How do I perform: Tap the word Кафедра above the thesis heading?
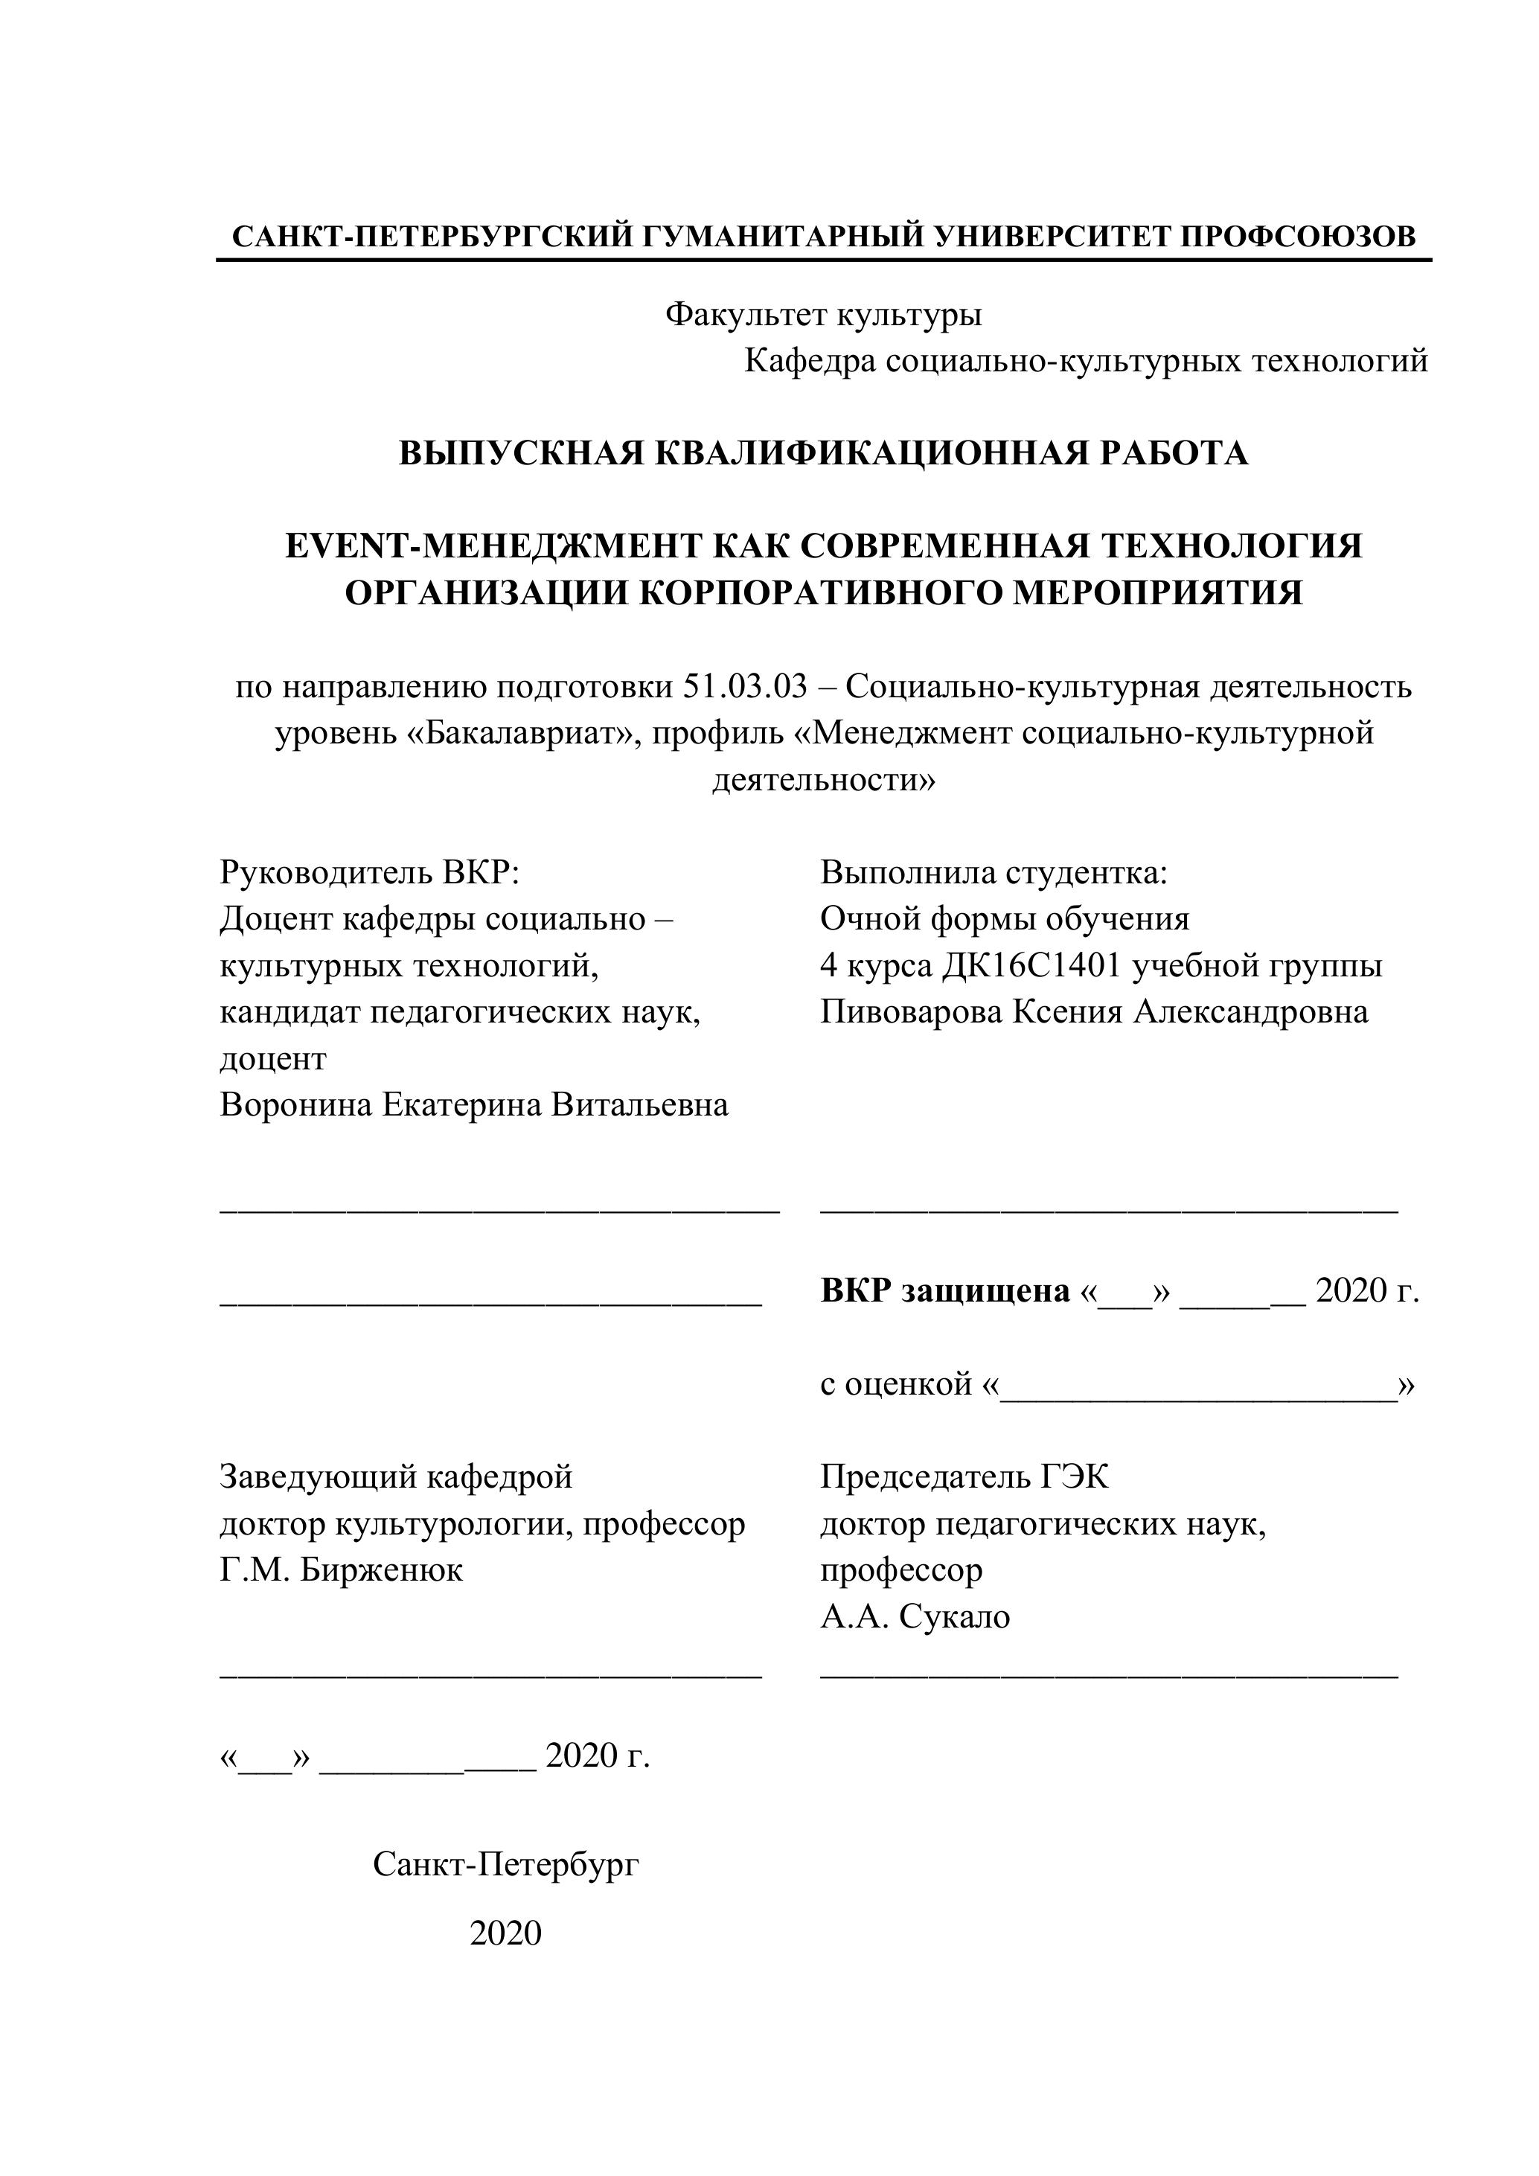pos(809,360)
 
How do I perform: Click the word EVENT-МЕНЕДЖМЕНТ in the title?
pos(493,546)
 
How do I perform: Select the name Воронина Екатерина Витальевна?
pos(474,1105)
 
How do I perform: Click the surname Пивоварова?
pos(911,1011)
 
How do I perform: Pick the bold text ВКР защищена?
pos(945,1291)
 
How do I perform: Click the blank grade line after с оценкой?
pos(1198,1386)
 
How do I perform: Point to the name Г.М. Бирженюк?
pos(341,1570)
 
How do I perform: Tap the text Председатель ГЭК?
pos(964,1477)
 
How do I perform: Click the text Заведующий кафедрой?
pos(396,1477)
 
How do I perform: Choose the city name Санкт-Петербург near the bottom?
pos(506,1864)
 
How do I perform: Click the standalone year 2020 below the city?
pos(505,1933)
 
